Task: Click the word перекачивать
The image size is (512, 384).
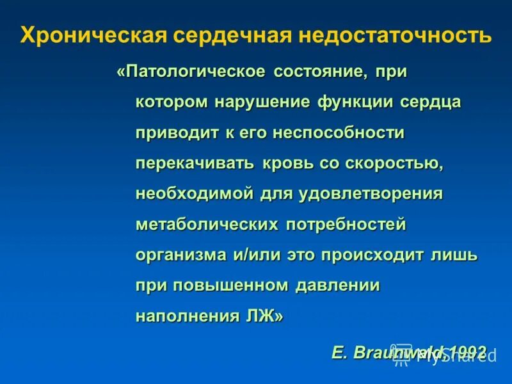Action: click(195, 163)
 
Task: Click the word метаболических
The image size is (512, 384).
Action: click(207, 225)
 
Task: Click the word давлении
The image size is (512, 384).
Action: click(337, 285)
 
